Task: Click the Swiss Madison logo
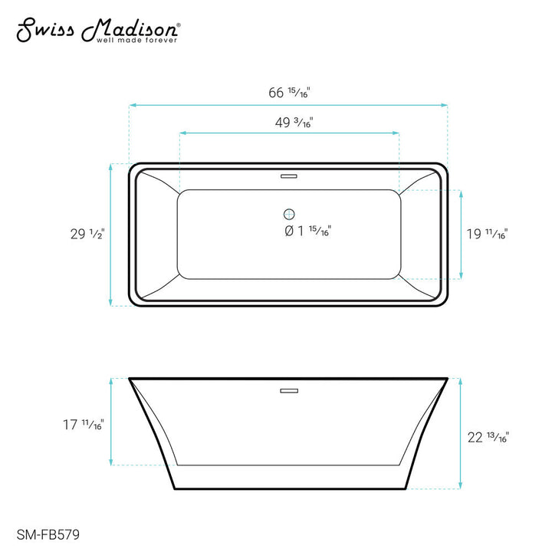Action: (x=99, y=31)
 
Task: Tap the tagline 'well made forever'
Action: (x=136, y=41)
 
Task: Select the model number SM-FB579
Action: (x=48, y=535)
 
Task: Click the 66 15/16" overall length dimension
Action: (x=289, y=93)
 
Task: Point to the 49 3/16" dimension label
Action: (x=294, y=123)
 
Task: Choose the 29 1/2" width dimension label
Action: (x=87, y=234)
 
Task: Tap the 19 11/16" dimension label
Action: (x=488, y=234)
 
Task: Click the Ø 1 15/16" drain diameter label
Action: (x=307, y=231)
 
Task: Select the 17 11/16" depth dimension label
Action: (x=84, y=425)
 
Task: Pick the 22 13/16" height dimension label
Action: (x=488, y=438)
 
